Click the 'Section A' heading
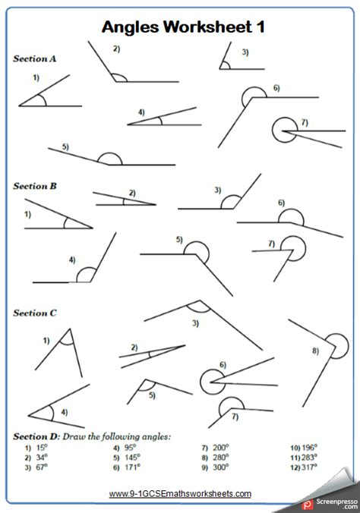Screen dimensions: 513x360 pos(35,58)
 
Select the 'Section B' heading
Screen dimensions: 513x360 pos(35,184)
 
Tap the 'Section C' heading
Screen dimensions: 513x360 pos(35,313)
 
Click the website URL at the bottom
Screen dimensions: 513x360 pos(180,493)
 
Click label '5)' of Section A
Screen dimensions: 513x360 pos(65,146)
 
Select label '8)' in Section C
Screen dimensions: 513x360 pos(315,351)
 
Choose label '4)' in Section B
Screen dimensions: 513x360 pos(71,260)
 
